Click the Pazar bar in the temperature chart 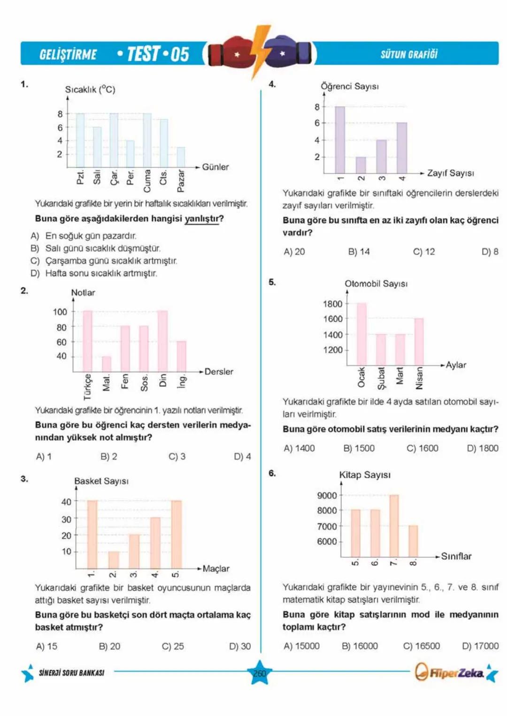pos(181,157)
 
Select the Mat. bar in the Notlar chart pos(107,364)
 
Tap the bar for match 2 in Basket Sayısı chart pos(114,560)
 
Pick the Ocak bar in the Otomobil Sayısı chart pos(361,334)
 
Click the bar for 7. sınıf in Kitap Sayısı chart pos(394,526)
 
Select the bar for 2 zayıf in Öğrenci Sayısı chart pos(361,165)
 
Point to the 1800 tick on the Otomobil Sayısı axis pos(332,304)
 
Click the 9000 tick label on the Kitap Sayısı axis pos(327,496)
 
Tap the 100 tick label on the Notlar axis pos(60,312)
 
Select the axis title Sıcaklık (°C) pos(90,89)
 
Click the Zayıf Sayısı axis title pos(450,173)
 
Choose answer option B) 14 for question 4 pos(359,252)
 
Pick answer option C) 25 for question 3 pos(173,646)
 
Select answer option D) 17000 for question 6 pos(480,646)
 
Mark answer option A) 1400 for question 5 pos(299,448)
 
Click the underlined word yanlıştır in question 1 pos(201,219)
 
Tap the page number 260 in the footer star pos(260,673)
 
